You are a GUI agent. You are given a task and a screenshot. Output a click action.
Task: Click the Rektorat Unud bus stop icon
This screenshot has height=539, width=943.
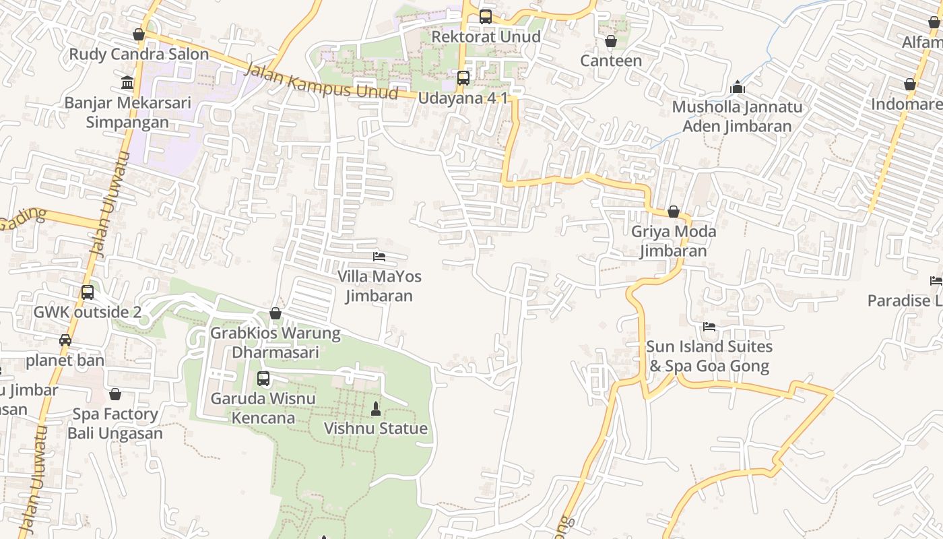485,17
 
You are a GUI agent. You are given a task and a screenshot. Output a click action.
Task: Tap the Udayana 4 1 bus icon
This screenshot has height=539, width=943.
463,78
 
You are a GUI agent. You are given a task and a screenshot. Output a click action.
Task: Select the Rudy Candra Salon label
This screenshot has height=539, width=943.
139,54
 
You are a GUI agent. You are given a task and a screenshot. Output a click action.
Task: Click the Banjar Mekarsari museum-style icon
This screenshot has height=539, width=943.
127,83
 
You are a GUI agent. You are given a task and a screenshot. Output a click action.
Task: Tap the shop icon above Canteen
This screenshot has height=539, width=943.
611,42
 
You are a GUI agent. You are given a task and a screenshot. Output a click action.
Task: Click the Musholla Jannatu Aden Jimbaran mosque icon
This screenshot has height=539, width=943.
738,88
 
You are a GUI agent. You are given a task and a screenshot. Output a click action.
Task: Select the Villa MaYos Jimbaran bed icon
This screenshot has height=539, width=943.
379,257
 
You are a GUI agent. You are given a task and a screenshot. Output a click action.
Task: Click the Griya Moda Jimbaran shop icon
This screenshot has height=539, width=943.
673,212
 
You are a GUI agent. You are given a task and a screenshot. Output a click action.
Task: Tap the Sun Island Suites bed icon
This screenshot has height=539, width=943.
709,327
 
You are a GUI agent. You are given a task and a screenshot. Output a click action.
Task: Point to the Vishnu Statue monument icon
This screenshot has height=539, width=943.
376,409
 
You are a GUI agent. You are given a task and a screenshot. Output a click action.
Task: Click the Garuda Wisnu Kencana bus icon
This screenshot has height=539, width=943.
263,379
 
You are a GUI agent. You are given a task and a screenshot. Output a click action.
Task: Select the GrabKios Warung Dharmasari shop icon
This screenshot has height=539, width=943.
275,313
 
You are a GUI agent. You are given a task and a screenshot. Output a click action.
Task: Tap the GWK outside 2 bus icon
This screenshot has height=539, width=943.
88,292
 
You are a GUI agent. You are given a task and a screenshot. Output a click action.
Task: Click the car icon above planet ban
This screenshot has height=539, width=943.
65,340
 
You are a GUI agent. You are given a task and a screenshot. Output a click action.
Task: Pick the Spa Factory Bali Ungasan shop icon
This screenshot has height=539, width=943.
115,394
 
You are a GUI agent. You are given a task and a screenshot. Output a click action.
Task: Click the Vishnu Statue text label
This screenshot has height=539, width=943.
376,429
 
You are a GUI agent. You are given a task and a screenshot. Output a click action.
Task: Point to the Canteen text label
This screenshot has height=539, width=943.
611,61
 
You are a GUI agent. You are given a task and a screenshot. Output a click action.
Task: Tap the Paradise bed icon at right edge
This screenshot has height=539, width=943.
936,281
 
